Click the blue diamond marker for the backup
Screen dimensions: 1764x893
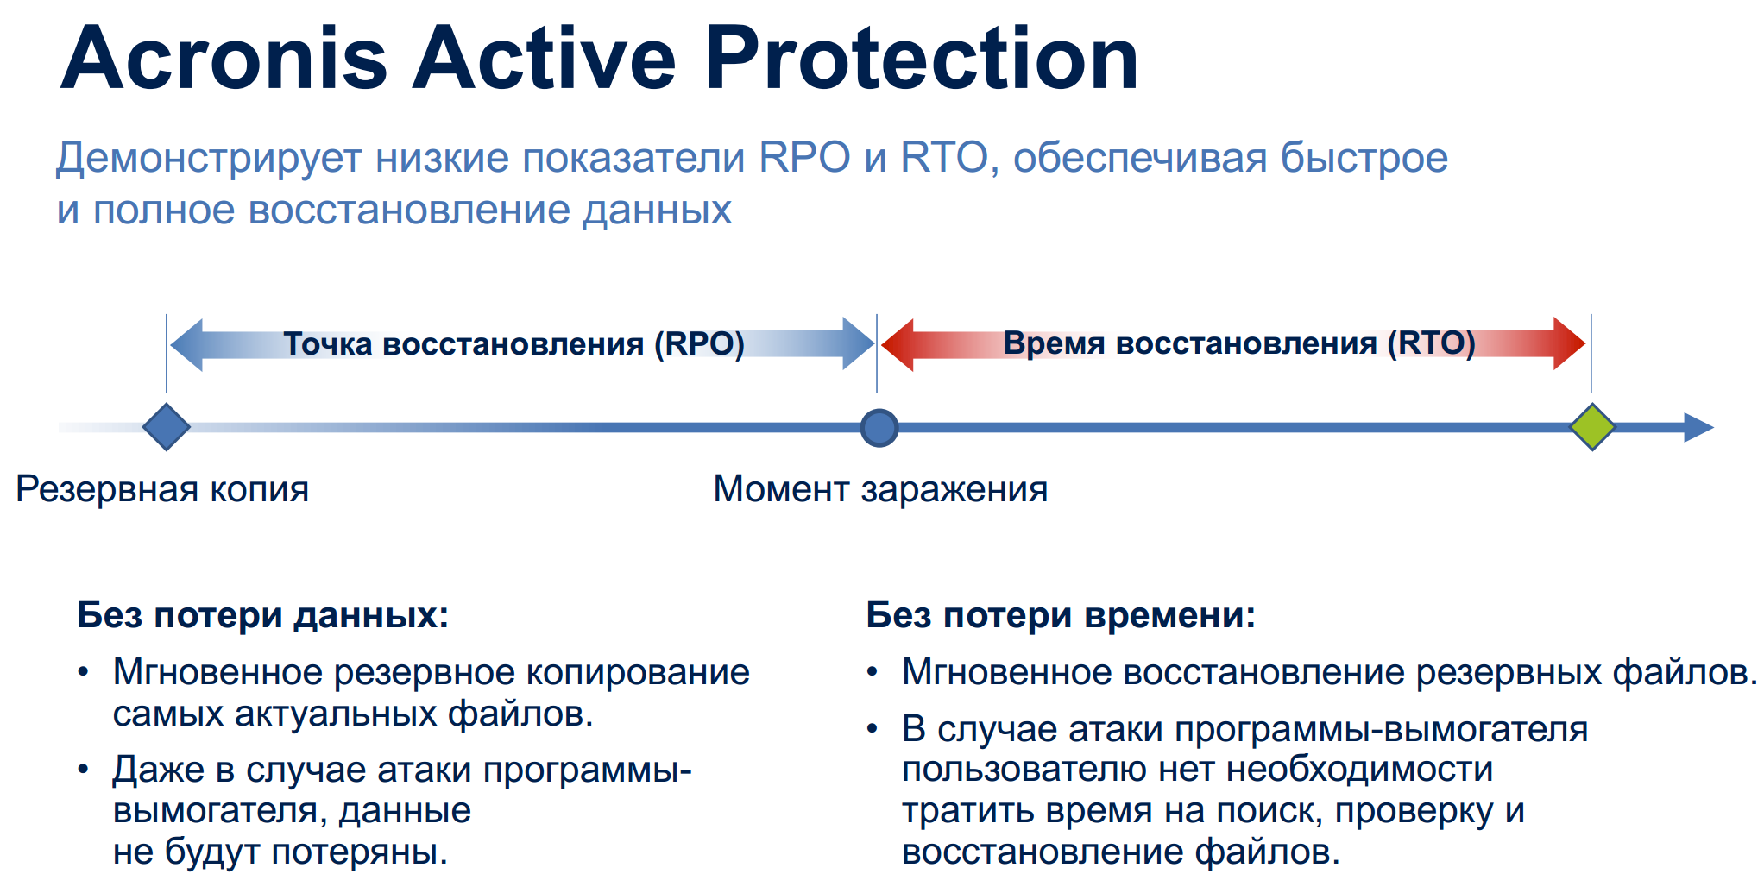[x=167, y=427]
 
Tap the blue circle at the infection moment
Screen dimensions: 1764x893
[x=879, y=428]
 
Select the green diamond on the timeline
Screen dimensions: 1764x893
[x=1592, y=427]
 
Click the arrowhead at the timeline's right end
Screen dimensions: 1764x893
[x=1698, y=428]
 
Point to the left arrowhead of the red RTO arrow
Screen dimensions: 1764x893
[x=898, y=344]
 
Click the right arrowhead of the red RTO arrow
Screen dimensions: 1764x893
[x=1570, y=344]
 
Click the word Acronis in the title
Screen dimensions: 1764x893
[x=224, y=58]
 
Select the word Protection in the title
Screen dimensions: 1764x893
[x=923, y=58]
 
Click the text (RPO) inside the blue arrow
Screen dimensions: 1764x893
[x=699, y=343]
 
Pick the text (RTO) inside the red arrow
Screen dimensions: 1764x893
[x=1432, y=343]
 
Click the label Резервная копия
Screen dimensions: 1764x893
[x=162, y=489]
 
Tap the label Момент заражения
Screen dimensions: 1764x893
[x=880, y=489]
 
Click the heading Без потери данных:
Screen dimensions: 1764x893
[x=263, y=615]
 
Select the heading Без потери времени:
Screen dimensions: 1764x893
[x=1061, y=615]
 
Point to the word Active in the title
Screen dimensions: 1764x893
[x=545, y=58]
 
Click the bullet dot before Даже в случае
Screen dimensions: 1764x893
[x=83, y=769]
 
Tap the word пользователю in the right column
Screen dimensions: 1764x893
[x=1024, y=770]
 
